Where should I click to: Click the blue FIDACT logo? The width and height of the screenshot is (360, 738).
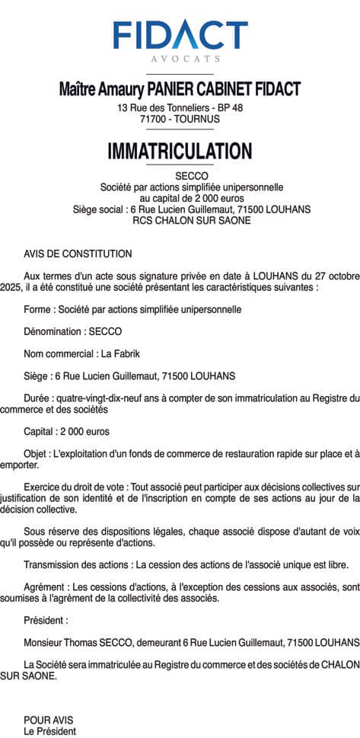tap(180, 34)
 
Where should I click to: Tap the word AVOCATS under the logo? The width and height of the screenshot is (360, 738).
tap(180, 58)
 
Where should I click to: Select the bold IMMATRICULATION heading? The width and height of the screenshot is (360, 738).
tap(180, 150)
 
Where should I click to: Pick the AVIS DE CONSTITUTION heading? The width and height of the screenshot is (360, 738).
tap(78, 254)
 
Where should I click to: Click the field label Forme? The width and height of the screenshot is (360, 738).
tap(37, 310)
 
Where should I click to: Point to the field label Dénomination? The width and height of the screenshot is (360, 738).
tap(53, 331)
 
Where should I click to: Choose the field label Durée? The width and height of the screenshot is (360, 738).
tap(37, 397)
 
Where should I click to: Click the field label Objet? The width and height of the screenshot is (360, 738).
tap(37, 453)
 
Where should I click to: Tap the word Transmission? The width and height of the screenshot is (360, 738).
tap(51, 564)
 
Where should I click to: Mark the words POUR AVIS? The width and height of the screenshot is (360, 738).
tap(49, 719)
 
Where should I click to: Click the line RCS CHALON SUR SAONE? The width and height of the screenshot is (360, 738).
tap(180, 220)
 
